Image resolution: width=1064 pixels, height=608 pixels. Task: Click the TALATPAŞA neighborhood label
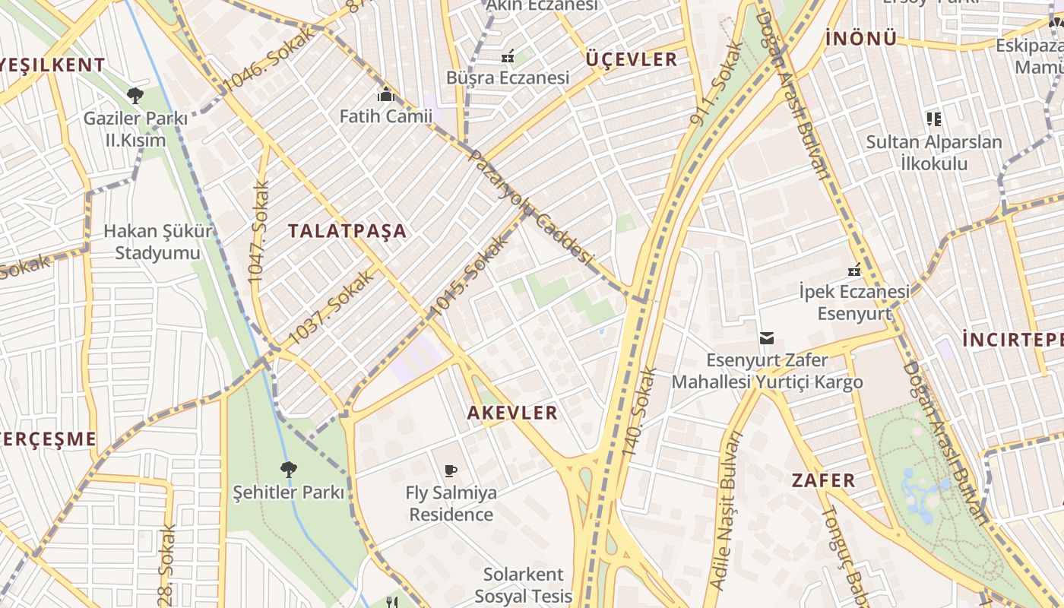pyautogui.click(x=347, y=232)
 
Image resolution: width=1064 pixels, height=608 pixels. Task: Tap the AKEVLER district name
pyautogui.click(x=512, y=413)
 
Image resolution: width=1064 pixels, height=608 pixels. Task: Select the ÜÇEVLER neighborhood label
pyautogui.click(x=631, y=59)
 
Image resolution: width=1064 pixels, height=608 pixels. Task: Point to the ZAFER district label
pyautogui.click(x=824, y=480)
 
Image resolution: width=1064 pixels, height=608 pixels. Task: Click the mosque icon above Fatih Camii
pyautogui.click(x=386, y=95)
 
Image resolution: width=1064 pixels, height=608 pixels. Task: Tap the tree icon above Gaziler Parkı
pyautogui.click(x=135, y=96)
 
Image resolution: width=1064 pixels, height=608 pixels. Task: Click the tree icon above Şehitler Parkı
pyautogui.click(x=288, y=470)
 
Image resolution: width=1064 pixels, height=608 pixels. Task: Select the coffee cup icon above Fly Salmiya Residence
pyautogui.click(x=451, y=470)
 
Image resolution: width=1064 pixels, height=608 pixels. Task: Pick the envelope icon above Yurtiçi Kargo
pyautogui.click(x=767, y=337)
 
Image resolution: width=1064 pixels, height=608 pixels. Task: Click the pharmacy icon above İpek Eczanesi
pyautogui.click(x=854, y=270)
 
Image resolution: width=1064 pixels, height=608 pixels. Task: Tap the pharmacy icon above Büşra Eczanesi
pyautogui.click(x=508, y=55)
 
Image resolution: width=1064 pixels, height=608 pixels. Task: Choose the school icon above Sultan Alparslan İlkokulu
pyautogui.click(x=934, y=119)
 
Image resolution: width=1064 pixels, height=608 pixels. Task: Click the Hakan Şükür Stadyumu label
pyautogui.click(x=158, y=242)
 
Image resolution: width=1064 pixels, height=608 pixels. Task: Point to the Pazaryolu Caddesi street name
pyautogui.click(x=530, y=207)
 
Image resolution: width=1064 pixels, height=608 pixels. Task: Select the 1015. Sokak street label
pyautogui.click(x=468, y=277)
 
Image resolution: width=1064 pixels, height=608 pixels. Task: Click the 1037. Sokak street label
pyautogui.click(x=332, y=307)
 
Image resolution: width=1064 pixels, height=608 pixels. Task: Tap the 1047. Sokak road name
pyautogui.click(x=259, y=233)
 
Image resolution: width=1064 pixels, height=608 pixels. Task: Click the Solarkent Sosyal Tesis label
pyautogui.click(x=524, y=584)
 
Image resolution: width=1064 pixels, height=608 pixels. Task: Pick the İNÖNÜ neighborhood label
pyautogui.click(x=861, y=38)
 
